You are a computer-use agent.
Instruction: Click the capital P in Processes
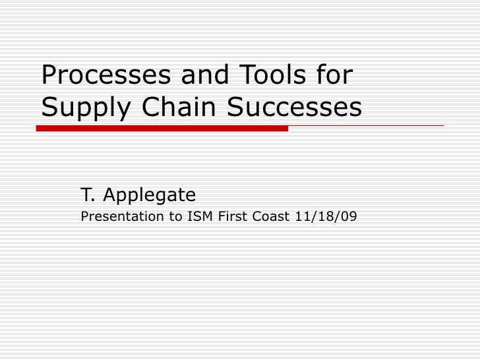[x=49, y=76]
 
